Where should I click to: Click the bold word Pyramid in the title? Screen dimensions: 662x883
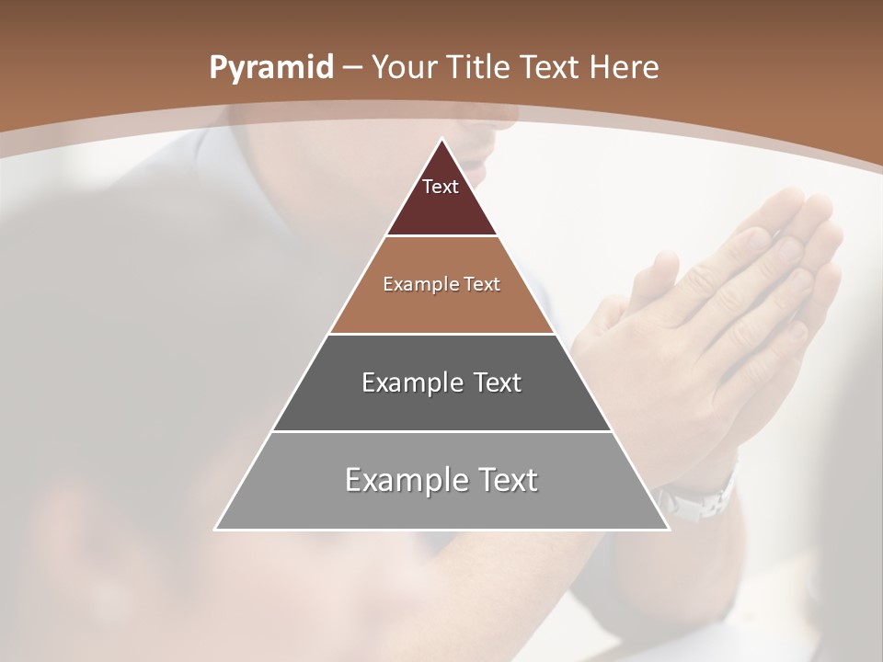(x=270, y=68)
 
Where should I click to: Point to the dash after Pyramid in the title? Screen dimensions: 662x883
(x=352, y=68)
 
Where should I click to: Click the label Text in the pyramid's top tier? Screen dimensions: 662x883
(x=441, y=187)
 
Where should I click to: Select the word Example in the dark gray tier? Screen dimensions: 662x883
(x=402, y=382)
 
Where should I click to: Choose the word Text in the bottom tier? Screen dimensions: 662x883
(x=506, y=480)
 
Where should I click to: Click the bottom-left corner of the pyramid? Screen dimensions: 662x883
(x=216, y=529)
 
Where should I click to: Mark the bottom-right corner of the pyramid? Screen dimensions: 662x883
(x=668, y=529)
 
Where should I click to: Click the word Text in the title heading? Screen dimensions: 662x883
(x=549, y=68)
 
